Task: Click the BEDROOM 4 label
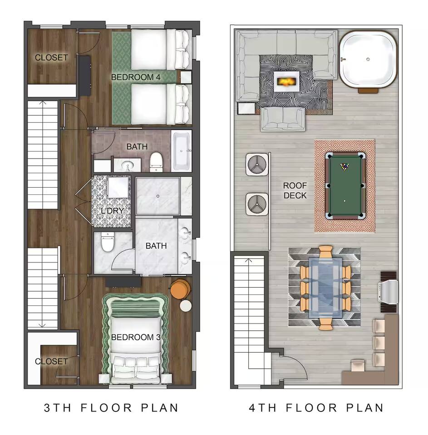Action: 136,77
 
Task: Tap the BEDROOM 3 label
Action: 136,337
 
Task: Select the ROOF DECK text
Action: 295,190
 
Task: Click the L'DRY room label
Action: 112,211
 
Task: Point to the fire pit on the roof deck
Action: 286,82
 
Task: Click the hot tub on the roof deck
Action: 368,59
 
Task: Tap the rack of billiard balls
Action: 344,166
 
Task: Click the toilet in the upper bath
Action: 156,162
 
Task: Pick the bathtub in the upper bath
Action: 182,151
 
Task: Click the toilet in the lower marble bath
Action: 108,242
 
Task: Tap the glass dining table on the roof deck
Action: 325,287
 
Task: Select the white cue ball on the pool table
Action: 344,201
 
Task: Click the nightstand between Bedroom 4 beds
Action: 184,77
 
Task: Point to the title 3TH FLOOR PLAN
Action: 111,408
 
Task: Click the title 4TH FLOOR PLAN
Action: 316,408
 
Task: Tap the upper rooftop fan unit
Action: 257,164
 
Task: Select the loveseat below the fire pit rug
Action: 283,119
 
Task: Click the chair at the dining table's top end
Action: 325,251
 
